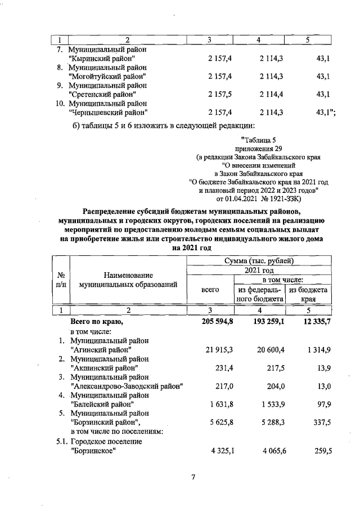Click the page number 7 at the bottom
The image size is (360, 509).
[x=193, y=478]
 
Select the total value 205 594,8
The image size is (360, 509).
[x=210, y=322]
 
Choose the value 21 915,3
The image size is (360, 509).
[x=210, y=350]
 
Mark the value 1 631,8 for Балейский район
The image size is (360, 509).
[x=211, y=404]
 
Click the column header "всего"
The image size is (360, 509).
[x=210, y=290]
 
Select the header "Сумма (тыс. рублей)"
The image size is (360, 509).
[x=259, y=260]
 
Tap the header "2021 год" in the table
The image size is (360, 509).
[x=259, y=270]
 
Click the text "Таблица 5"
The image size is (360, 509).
[x=258, y=139]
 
